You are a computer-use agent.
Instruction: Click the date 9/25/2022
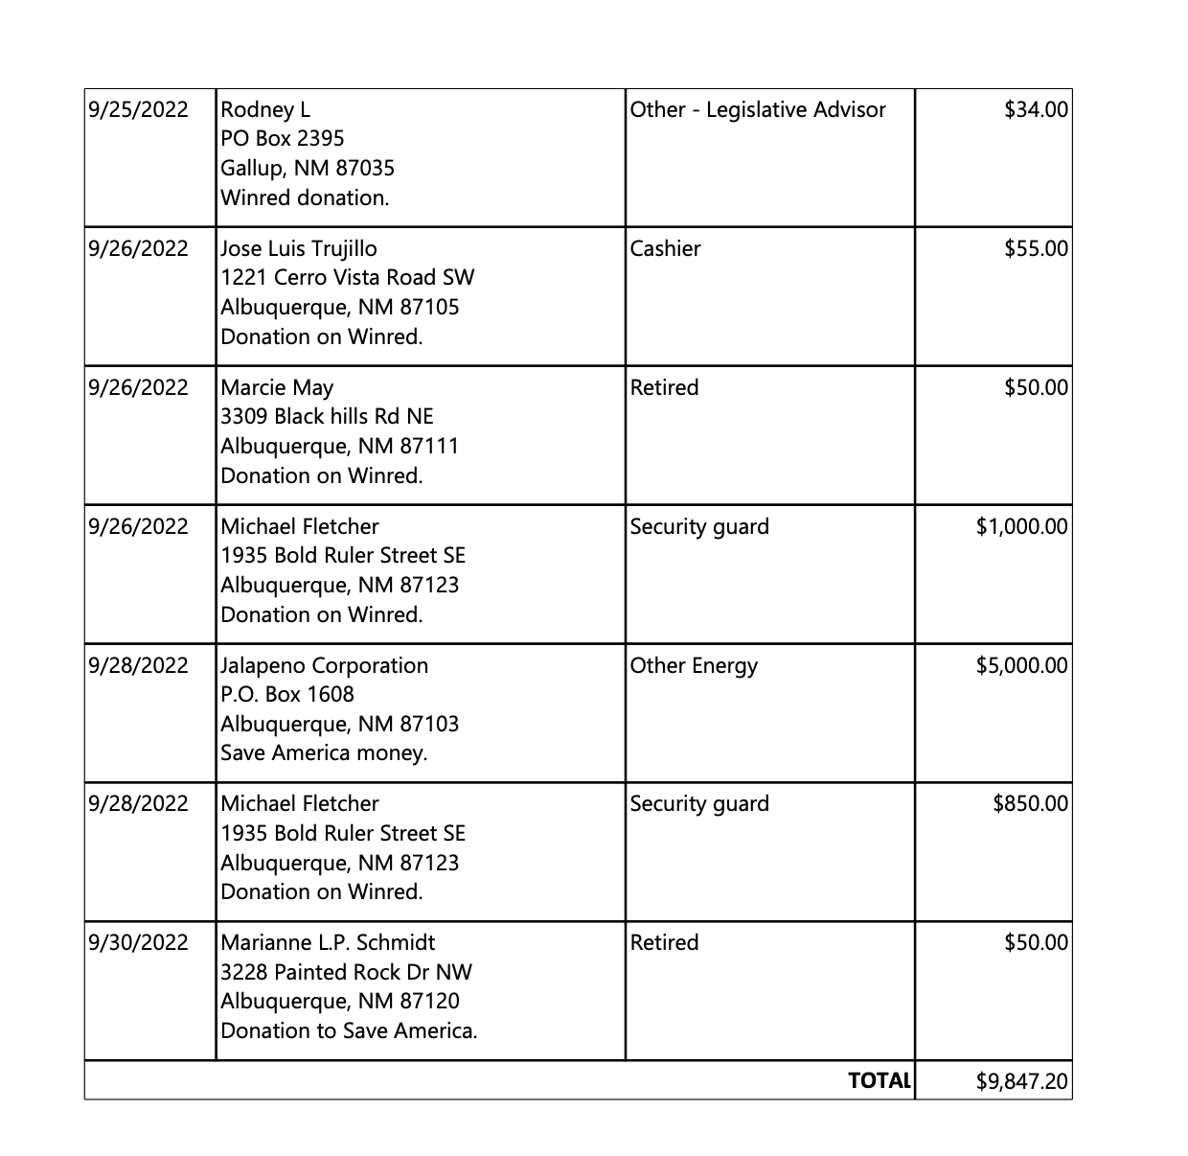pos(138,109)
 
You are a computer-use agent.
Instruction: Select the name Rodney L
pos(265,109)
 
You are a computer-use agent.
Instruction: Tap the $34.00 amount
pos(1036,109)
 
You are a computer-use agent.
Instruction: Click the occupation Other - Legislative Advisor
pos(758,109)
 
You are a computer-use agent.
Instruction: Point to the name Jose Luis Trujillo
pos(299,248)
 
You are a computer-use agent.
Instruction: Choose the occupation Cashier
pos(665,248)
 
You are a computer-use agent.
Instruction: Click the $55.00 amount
pos(1036,248)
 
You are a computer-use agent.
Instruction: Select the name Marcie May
pos(277,387)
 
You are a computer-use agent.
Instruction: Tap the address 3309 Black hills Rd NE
pos(327,416)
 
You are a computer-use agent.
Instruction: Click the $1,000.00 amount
pos(1021,526)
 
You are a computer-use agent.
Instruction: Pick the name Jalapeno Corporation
pos(324,665)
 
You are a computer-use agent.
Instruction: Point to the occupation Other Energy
pos(694,665)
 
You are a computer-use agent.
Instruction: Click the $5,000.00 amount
pos(1021,665)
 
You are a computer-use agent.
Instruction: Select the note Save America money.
pos(324,752)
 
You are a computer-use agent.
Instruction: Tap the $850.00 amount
pos(1030,803)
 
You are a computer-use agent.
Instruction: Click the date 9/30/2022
pos(138,942)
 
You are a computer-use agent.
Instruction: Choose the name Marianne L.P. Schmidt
pos(328,942)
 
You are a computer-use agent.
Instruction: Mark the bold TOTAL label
pos(879,1080)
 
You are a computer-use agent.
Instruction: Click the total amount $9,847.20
pos(1021,1081)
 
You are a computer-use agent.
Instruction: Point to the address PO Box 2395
pos(282,138)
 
